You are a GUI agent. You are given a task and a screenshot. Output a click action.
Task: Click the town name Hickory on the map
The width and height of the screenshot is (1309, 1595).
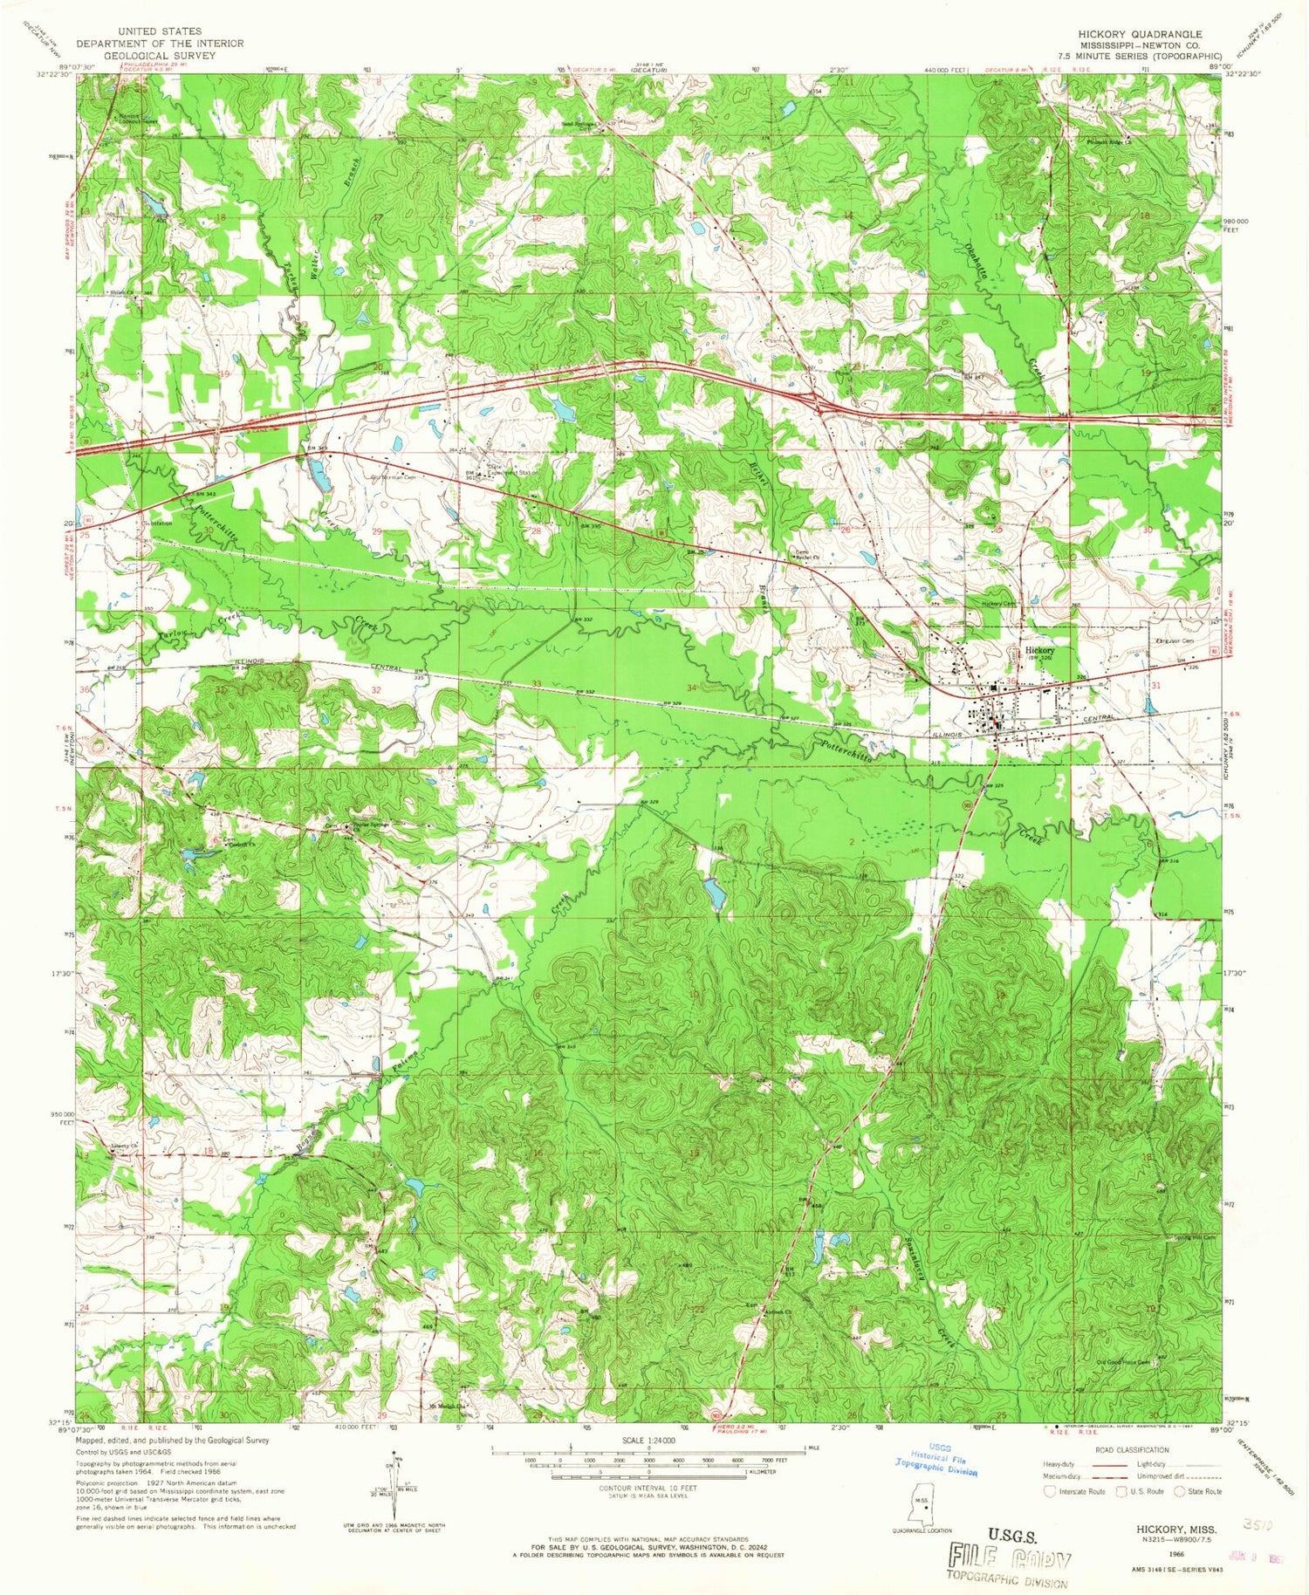[x=1039, y=650]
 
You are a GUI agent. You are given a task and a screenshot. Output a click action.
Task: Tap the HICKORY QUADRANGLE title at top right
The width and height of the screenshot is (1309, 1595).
[x=1140, y=34]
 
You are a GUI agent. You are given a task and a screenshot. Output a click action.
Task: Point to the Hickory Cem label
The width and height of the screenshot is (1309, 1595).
[x=999, y=604]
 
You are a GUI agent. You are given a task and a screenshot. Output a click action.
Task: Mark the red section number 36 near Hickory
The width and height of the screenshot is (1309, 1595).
[x=1011, y=681]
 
